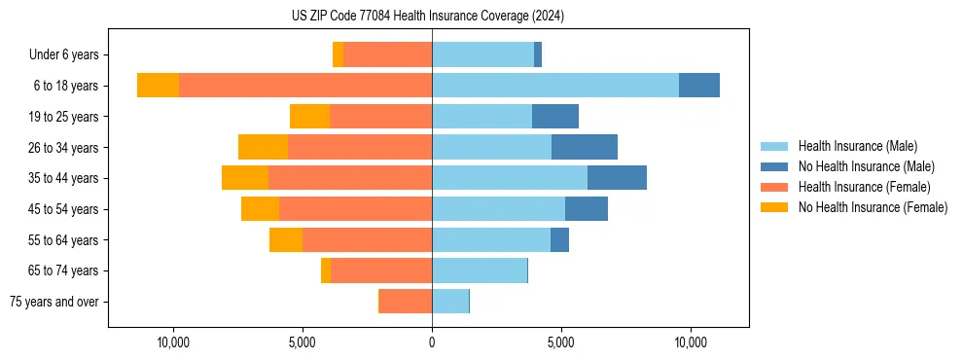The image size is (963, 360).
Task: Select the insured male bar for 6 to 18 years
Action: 554,86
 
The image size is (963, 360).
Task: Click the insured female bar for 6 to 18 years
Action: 305,86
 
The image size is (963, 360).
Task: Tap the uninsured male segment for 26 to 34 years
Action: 585,147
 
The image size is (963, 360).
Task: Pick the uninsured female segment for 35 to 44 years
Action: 245,178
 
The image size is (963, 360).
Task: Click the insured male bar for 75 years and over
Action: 450,302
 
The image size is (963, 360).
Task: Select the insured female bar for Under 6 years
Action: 387,54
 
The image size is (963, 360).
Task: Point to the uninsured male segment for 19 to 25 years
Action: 555,117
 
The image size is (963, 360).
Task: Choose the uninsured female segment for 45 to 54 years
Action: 260,209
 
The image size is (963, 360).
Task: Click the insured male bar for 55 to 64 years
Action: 491,240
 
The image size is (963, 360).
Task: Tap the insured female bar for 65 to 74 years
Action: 381,270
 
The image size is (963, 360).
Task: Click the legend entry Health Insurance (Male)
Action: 857,146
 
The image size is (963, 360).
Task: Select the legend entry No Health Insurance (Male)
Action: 866,166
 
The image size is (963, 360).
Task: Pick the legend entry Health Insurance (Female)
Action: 864,187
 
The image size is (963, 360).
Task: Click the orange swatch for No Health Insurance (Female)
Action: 775,207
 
